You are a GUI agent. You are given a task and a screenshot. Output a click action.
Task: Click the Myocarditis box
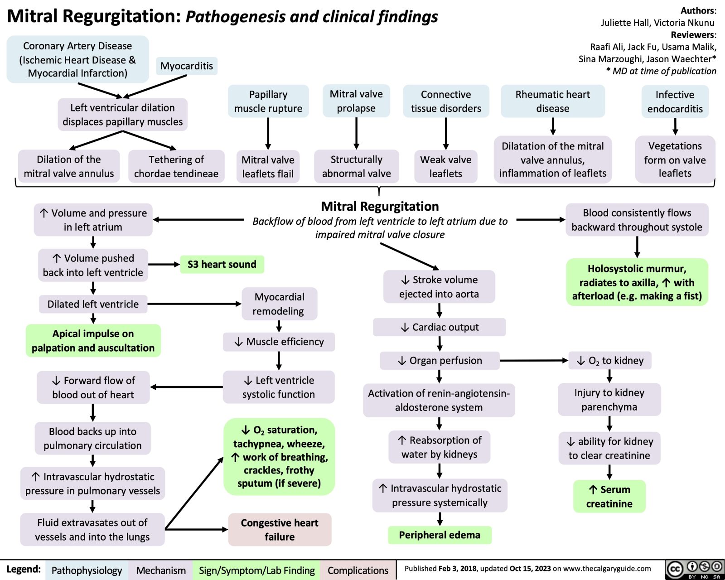(186, 66)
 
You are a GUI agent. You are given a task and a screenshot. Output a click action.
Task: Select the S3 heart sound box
(222, 264)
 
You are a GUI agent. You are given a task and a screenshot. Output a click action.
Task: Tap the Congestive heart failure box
(280, 529)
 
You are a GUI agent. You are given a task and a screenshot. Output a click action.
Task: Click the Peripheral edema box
(440, 535)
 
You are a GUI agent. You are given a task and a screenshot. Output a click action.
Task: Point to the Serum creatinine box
(609, 497)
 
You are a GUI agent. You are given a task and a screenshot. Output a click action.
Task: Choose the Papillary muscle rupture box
(268, 101)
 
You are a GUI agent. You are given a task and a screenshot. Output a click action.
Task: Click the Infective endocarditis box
(675, 101)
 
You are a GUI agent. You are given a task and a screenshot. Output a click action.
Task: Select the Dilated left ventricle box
(93, 304)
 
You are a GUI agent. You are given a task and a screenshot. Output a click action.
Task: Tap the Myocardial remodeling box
(279, 304)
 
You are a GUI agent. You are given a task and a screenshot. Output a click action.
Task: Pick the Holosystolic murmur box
(637, 282)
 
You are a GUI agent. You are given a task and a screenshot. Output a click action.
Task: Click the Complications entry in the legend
(358, 570)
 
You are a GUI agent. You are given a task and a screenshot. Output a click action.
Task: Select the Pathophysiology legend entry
(87, 570)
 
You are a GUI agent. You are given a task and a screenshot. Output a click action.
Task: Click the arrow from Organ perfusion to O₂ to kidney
(534, 361)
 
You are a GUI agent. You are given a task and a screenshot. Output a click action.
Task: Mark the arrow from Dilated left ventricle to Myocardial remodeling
(194, 304)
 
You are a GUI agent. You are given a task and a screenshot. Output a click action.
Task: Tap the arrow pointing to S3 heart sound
(164, 265)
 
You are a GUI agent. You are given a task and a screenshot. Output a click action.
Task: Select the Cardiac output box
(440, 327)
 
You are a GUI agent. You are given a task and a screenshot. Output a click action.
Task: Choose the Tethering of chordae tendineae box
(176, 166)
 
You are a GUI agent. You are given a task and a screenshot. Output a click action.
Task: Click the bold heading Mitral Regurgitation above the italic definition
(380, 206)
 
